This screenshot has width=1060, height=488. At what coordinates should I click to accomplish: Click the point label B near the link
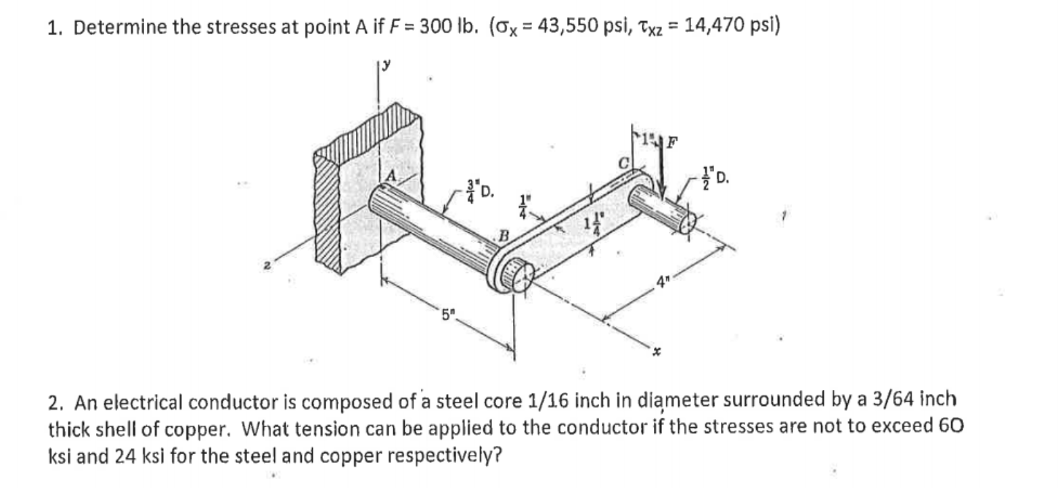tap(503, 236)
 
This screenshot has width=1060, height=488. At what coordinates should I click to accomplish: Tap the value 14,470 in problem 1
tap(718, 28)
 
